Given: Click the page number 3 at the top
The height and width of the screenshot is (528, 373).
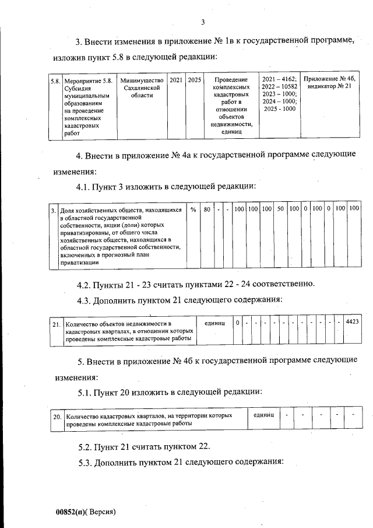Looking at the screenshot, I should click(x=202, y=23).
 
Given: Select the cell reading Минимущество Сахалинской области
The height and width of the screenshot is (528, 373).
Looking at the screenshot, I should click(x=142, y=88).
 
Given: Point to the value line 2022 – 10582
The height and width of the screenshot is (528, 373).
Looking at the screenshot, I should click(x=280, y=86).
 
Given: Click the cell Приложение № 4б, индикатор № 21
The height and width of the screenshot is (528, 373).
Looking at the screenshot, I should click(x=330, y=83).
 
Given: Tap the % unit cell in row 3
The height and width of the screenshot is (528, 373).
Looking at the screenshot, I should click(x=193, y=209).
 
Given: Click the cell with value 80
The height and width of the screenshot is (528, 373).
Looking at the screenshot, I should click(x=206, y=209).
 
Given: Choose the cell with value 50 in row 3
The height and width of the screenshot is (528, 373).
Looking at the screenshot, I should click(x=280, y=209).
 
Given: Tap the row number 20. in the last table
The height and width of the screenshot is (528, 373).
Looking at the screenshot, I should click(x=57, y=417).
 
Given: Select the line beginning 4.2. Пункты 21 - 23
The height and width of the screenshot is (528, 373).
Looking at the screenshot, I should click(x=196, y=284).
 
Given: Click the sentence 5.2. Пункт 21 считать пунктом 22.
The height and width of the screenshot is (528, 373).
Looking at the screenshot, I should click(x=144, y=447).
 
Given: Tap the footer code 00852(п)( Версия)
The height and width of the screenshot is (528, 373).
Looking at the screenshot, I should click(x=86, y=512).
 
